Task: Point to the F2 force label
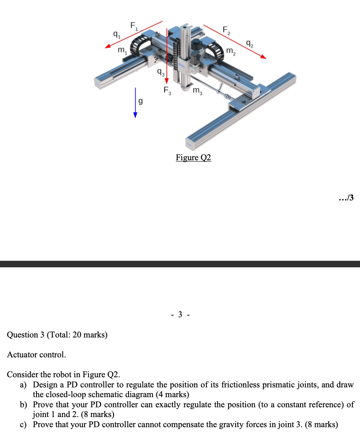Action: pos(226,30)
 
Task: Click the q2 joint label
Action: pos(249,44)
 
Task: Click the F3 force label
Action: pos(168,90)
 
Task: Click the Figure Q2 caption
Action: pos(193,157)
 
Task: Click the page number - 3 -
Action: pos(180,315)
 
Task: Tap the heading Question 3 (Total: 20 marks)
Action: pos(57,335)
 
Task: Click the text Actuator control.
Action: pos(37,354)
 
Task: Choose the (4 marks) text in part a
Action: pos(172,394)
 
